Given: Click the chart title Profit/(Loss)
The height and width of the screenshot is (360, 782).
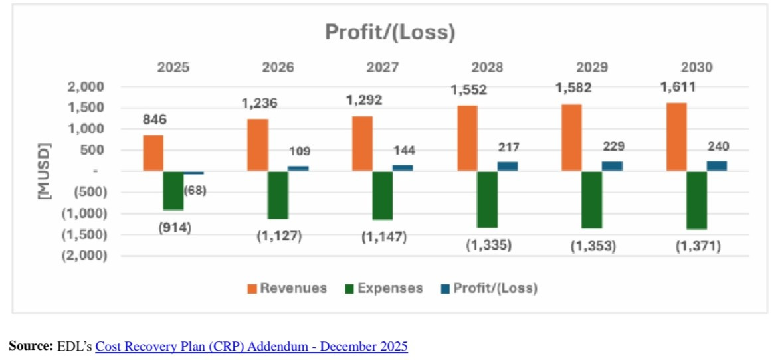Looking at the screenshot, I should click(x=390, y=32).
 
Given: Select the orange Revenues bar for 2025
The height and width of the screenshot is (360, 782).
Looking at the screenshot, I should click(x=153, y=153).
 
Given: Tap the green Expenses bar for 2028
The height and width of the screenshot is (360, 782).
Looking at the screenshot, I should click(x=487, y=199).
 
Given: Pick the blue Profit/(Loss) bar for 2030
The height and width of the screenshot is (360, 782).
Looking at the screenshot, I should click(x=716, y=166).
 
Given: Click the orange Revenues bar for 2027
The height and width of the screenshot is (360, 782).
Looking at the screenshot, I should click(x=362, y=143).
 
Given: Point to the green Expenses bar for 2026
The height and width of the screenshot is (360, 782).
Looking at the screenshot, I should click(x=278, y=195).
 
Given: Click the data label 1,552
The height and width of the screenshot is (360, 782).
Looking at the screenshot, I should click(x=470, y=89).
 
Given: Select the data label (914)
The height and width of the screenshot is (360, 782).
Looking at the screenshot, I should click(x=175, y=227).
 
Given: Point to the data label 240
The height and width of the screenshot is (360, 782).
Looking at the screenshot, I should click(x=718, y=147).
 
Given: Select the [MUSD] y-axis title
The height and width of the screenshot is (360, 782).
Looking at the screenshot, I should click(x=45, y=171).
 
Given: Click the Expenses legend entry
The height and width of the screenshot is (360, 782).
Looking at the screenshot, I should click(x=389, y=288).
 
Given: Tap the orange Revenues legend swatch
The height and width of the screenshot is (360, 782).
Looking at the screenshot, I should click(x=252, y=289).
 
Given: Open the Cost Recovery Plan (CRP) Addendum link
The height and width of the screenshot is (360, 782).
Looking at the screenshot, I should click(x=251, y=346).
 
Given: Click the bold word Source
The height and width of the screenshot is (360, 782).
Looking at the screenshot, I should click(x=30, y=346).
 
